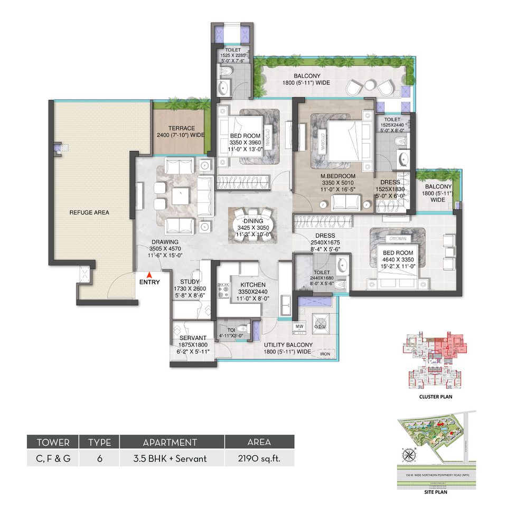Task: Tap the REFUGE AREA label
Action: click(89, 212)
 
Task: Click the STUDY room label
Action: click(190, 282)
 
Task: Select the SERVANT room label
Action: click(192, 339)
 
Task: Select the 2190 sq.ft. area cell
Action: click(259, 458)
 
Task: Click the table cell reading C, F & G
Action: click(52, 458)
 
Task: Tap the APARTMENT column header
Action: click(172, 442)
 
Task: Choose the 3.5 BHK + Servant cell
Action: click(172, 458)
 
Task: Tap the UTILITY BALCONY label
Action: click(288, 345)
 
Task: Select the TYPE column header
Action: click(99, 442)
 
